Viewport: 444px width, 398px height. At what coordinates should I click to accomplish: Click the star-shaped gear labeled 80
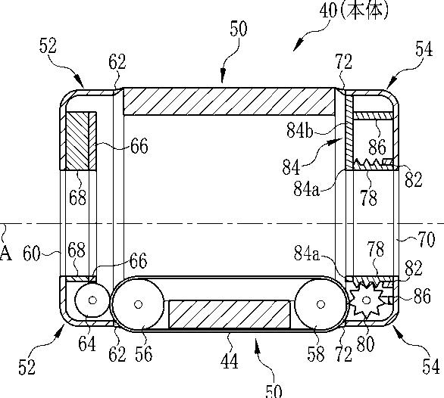click(x=367, y=300)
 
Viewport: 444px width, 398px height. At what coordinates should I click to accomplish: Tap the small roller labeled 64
click(x=92, y=300)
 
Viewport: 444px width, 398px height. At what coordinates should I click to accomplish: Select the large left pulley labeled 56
click(x=138, y=304)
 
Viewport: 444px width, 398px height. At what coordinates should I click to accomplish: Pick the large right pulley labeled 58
click(x=320, y=304)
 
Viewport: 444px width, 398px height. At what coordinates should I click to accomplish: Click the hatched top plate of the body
click(x=229, y=101)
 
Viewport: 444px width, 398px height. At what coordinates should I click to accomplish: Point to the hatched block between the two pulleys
click(x=230, y=314)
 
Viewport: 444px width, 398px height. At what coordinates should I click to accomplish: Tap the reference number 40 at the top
click(x=329, y=11)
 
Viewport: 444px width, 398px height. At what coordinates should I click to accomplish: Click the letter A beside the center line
click(x=5, y=253)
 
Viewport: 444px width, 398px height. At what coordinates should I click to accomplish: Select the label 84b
click(x=299, y=130)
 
